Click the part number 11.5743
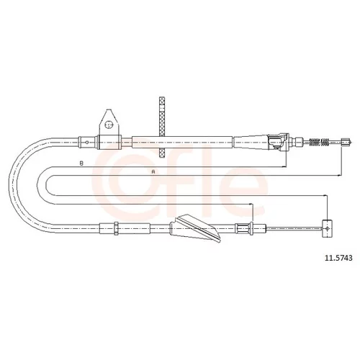tap(338, 258)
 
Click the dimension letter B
tap(81, 163)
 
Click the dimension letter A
tap(153, 172)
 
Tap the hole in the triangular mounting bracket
tap(109, 125)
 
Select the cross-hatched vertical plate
tap(163, 127)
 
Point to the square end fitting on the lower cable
tap(327, 228)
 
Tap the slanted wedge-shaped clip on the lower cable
tap(196, 228)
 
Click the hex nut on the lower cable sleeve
tap(116, 228)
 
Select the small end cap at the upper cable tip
tap(346, 142)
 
